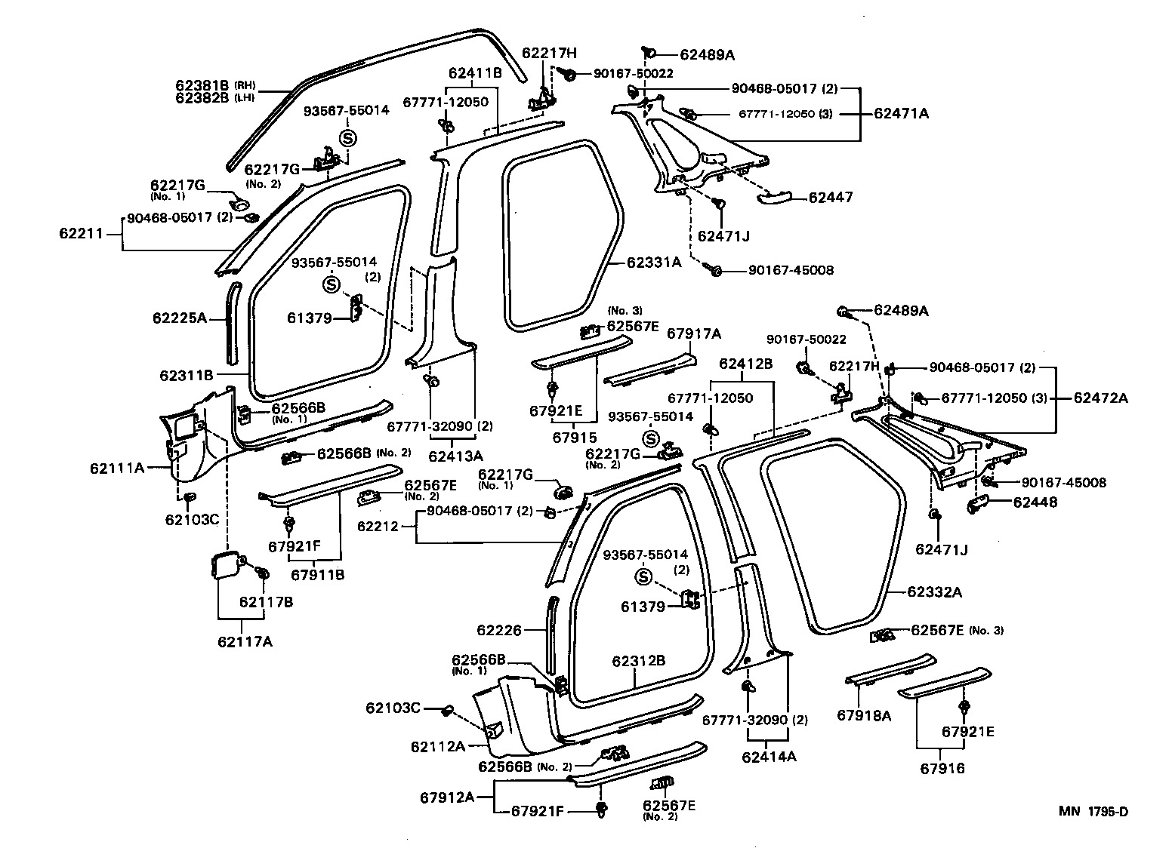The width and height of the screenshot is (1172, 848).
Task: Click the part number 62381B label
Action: point(202,85)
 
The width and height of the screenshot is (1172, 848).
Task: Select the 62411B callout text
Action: point(475,73)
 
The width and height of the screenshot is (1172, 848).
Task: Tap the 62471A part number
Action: point(901,114)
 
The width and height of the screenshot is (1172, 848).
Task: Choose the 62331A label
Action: point(654,263)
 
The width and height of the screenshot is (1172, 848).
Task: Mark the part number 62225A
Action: point(180,318)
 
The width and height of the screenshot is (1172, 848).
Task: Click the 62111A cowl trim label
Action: point(117,468)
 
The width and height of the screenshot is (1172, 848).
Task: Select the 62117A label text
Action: point(245,642)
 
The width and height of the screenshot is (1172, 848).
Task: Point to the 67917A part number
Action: point(693,333)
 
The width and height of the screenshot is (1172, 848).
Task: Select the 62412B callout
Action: point(745,364)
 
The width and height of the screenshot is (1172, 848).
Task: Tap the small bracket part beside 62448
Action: point(979,504)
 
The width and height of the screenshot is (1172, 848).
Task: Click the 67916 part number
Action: point(942,768)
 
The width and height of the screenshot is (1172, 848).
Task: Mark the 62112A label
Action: point(438,746)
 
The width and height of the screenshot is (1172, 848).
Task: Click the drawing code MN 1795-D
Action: point(1093,812)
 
